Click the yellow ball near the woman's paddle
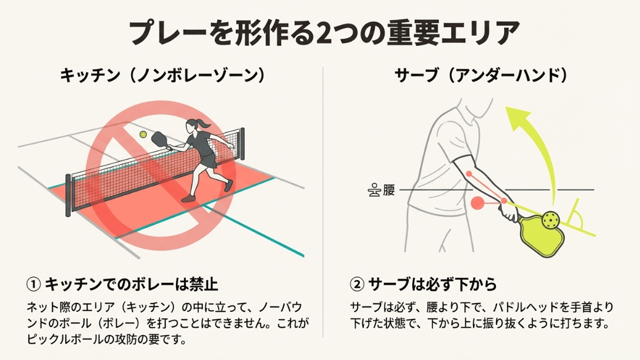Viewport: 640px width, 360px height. pos(143,135)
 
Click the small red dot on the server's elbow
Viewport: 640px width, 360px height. pos(469,174)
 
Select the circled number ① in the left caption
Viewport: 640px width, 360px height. pos(34,285)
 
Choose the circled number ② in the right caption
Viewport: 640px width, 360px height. pos(357,285)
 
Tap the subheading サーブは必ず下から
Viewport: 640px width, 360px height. pos(432,285)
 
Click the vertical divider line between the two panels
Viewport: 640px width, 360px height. pos(323,200)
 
